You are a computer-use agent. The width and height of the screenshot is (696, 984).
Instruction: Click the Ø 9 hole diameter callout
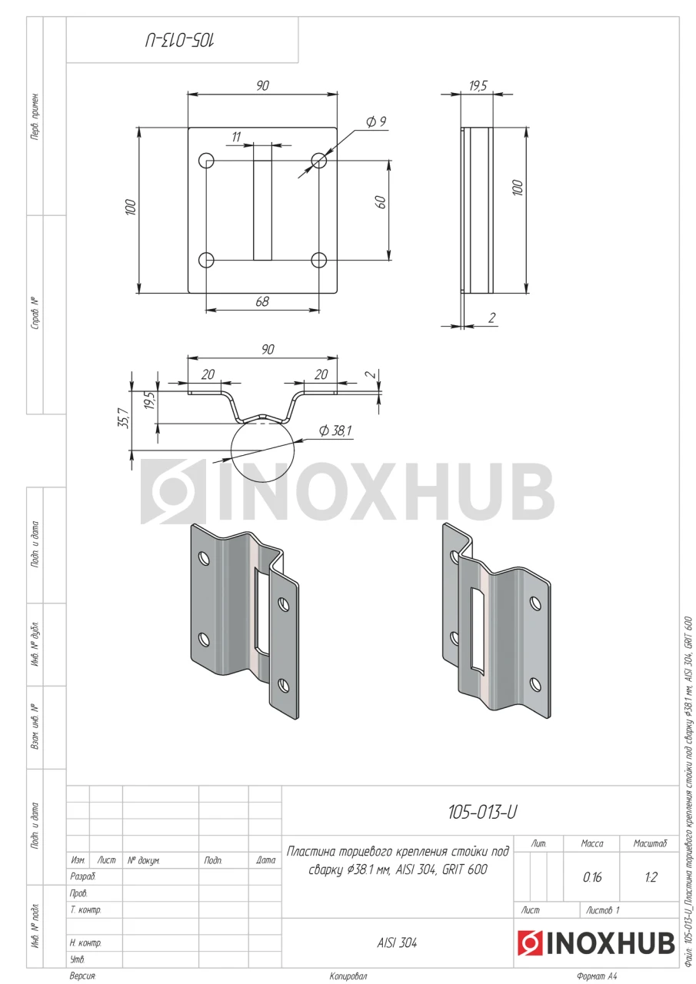[377, 121]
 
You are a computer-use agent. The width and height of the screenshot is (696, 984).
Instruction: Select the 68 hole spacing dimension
[262, 301]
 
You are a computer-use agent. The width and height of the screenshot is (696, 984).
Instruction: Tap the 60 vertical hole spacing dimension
[381, 202]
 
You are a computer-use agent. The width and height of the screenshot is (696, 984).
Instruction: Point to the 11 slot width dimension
[236, 137]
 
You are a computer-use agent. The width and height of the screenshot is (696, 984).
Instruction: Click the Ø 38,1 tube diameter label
[335, 430]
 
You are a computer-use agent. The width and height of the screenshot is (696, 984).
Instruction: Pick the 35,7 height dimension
[124, 418]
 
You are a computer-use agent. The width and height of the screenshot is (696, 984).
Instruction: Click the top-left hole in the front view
[206, 160]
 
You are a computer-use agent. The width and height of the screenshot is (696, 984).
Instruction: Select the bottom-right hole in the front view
[318, 260]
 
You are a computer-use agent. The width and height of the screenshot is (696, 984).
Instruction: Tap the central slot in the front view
[262, 210]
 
